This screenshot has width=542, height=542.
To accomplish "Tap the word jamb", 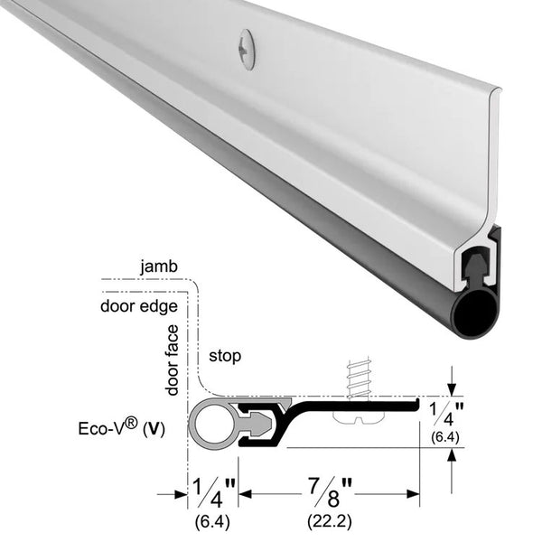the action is click(x=159, y=266).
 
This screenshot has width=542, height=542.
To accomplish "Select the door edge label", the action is click(x=139, y=306).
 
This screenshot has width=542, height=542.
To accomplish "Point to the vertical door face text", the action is click(x=173, y=360).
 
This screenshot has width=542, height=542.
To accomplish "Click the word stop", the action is click(x=225, y=357).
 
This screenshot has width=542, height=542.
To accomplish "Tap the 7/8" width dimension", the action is click(x=330, y=493).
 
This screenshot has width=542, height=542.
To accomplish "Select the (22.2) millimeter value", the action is click(x=330, y=521).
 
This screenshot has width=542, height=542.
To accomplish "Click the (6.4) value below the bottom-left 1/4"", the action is click(x=212, y=521).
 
